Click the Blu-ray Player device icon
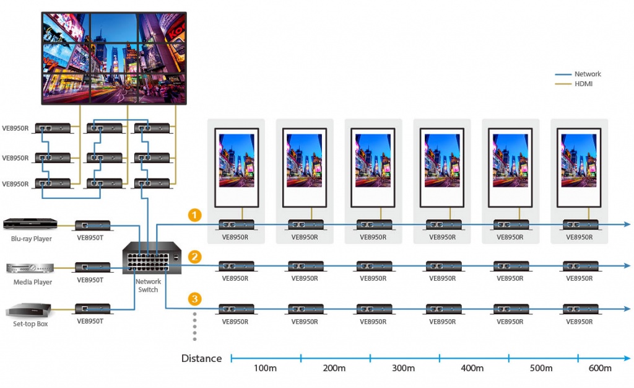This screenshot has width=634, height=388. (x=30, y=224)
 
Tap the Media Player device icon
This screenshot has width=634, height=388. (x=30, y=268)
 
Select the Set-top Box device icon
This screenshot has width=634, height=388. (x=28, y=311)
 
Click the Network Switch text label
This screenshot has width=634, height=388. (x=148, y=286)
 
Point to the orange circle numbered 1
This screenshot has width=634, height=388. (x=195, y=215)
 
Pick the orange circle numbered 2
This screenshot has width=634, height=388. (x=195, y=257)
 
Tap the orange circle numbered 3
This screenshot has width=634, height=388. (x=195, y=299)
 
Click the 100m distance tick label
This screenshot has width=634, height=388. (x=265, y=368)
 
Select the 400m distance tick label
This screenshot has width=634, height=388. (x=472, y=368)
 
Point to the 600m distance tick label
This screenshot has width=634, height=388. (x=600, y=368)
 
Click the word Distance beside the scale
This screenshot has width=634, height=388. (x=201, y=358)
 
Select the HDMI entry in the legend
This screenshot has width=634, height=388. (x=574, y=84)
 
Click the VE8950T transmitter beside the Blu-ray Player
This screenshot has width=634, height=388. (x=93, y=226)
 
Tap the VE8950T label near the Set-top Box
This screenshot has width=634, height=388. (x=90, y=321)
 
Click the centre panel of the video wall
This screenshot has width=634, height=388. (x=115, y=58)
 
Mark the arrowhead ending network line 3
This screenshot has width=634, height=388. (x=627, y=309)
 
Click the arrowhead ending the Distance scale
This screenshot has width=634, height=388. (x=627, y=358)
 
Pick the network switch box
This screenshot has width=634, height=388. (x=152, y=258)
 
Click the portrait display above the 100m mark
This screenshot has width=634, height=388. (x=237, y=167)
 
